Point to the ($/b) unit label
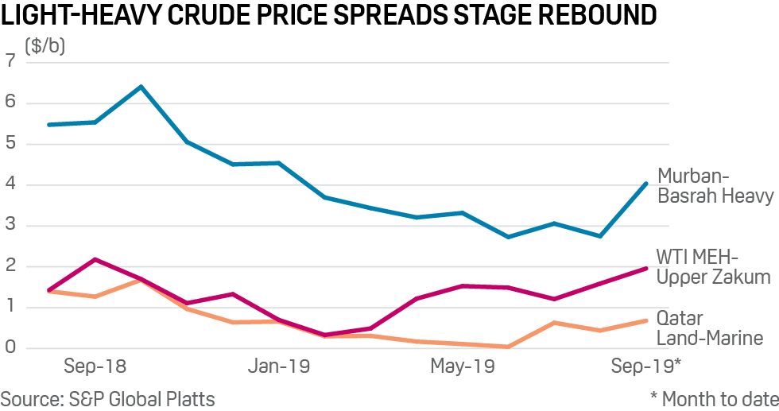click(x=45, y=46)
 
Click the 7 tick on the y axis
click(x=10, y=61)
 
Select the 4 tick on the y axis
click(x=10, y=184)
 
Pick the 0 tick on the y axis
click(x=10, y=348)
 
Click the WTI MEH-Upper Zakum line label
click(x=712, y=267)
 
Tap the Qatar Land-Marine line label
click(x=709, y=328)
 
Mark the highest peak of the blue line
click(x=141, y=86)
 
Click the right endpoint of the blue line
click(x=646, y=184)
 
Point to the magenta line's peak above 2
click(x=95, y=259)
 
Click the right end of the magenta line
click(x=646, y=269)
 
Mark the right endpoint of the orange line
click(x=646, y=320)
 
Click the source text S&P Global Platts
click(x=107, y=398)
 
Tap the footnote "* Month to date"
click(x=713, y=398)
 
